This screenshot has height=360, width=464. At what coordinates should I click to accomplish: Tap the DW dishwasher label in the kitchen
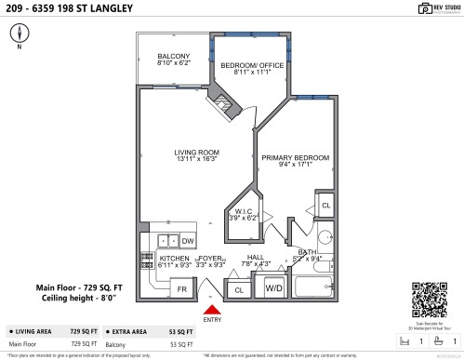187,241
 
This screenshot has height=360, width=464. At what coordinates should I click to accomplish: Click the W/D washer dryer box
274,289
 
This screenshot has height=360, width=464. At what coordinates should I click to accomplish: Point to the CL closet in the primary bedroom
325,204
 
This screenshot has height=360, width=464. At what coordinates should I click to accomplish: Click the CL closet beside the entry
238,290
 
